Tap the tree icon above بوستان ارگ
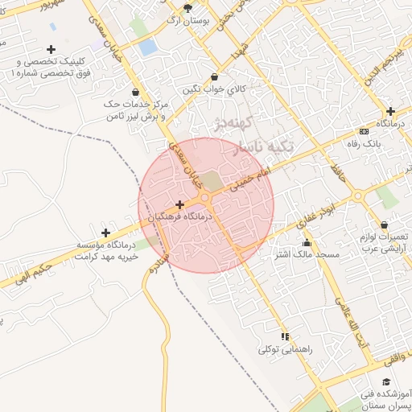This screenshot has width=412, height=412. click(x=188, y=8)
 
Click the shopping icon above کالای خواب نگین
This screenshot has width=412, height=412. click(x=214, y=76)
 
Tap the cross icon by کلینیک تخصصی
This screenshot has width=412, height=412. click(x=52, y=50)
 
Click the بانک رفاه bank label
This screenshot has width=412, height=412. click(x=365, y=143)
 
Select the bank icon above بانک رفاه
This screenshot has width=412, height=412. click(x=365, y=131)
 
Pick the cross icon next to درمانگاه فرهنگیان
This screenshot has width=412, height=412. click(x=179, y=204)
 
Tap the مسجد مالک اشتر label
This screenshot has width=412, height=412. click(x=307, y=254)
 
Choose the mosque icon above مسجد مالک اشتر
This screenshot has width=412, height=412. click(x=306, y=242)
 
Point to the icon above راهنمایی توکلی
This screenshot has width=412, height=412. click(x=284, y=336)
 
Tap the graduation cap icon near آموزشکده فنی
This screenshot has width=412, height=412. click(x=387, y=381)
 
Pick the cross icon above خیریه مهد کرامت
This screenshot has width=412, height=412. click(x=105, y=233)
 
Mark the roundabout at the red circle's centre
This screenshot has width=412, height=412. click(x=205, y=197)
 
